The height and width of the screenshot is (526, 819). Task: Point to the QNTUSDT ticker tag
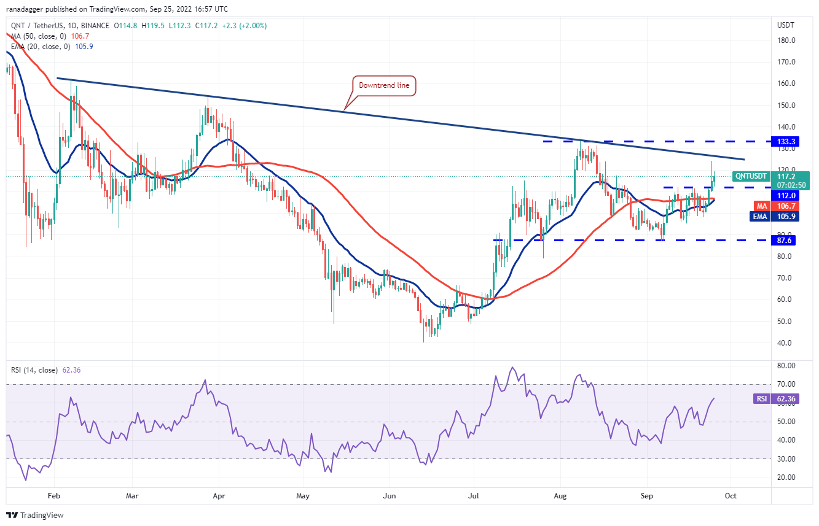(x=751, y=176)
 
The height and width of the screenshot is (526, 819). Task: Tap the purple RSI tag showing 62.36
(x=762, y=398)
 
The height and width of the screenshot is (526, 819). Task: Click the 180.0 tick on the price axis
(x=787, y=41)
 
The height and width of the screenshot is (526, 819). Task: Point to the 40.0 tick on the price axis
(x=785, y=343)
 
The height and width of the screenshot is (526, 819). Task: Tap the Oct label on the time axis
(x=731, y=495)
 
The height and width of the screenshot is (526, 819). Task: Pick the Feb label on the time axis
(x=53, y=495)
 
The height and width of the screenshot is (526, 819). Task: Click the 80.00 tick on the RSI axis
(x=787, y=366)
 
